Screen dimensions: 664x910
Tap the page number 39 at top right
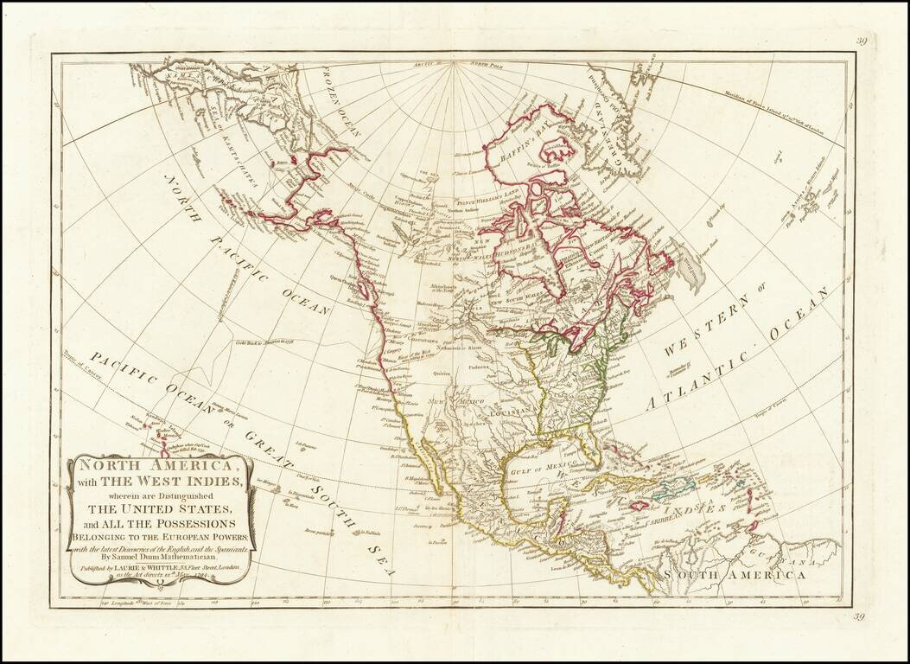tap(862, 40)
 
